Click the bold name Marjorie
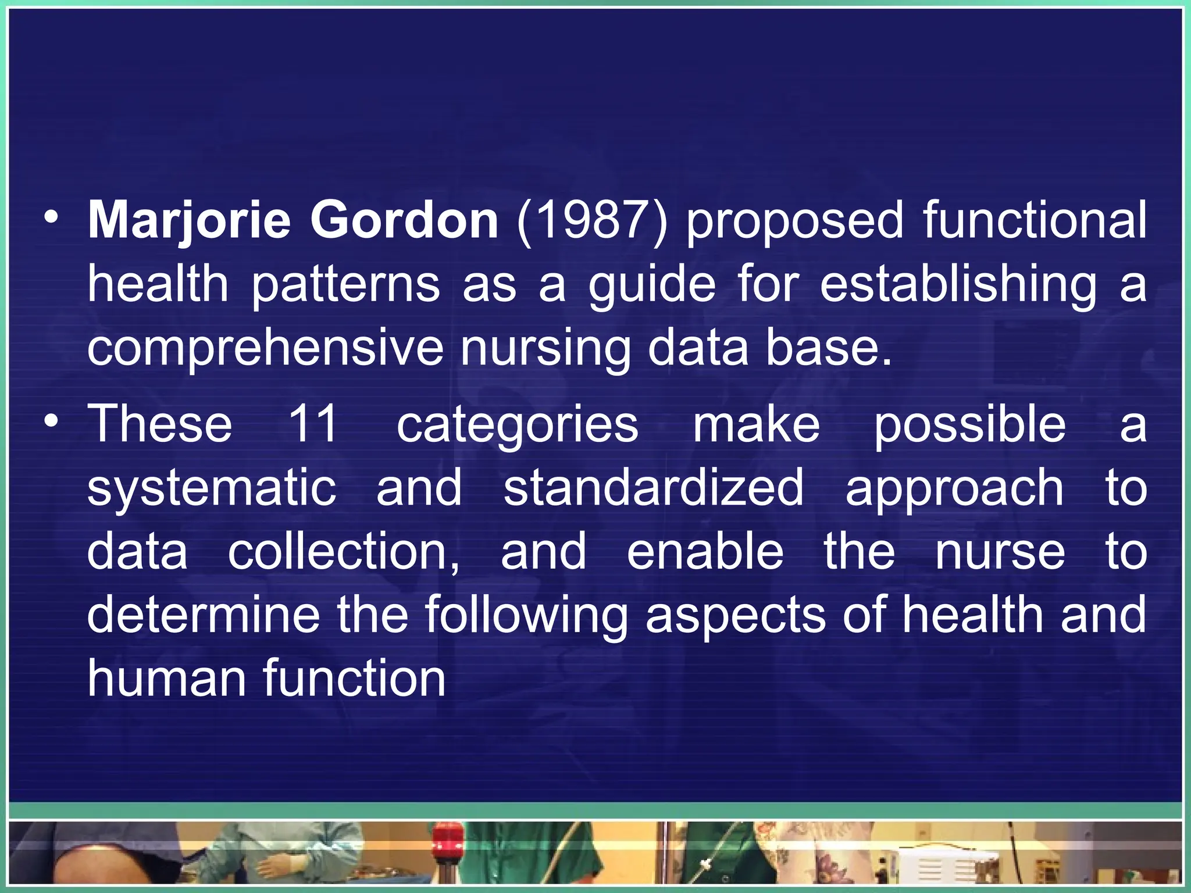[x=188, y=222]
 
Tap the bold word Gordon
[x=404, y=220]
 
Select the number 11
[x=313, y=424]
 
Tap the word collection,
[x=344, y=552]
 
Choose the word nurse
[x=1000, y=552]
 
